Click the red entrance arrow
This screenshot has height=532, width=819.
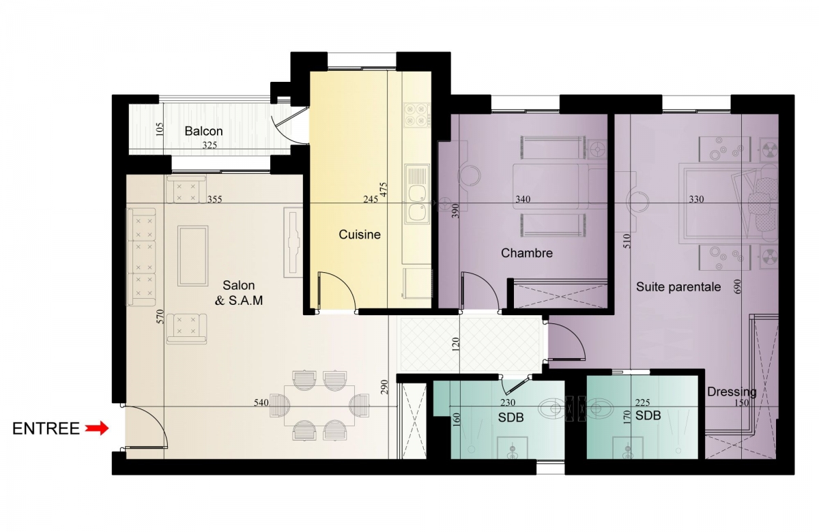point(97,428)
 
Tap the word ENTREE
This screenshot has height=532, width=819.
point(46,428)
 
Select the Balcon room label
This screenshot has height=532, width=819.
point(203,131)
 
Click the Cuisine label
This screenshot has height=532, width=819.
point(360,234)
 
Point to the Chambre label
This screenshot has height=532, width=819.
point(526,253)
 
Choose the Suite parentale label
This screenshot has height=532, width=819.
point(678,287)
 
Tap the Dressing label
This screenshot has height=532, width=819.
point(731,392)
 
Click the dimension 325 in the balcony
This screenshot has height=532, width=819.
point(210,145)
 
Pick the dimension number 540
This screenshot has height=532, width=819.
point(261,402)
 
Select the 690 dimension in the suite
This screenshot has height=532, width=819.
point(737,286)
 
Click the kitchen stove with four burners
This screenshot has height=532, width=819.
point(417,115)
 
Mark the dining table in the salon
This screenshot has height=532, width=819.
point(319,406)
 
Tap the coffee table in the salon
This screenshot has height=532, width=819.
point(192,256)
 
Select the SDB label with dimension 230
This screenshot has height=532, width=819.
point(511,417)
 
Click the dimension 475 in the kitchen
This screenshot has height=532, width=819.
point(383,190)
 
